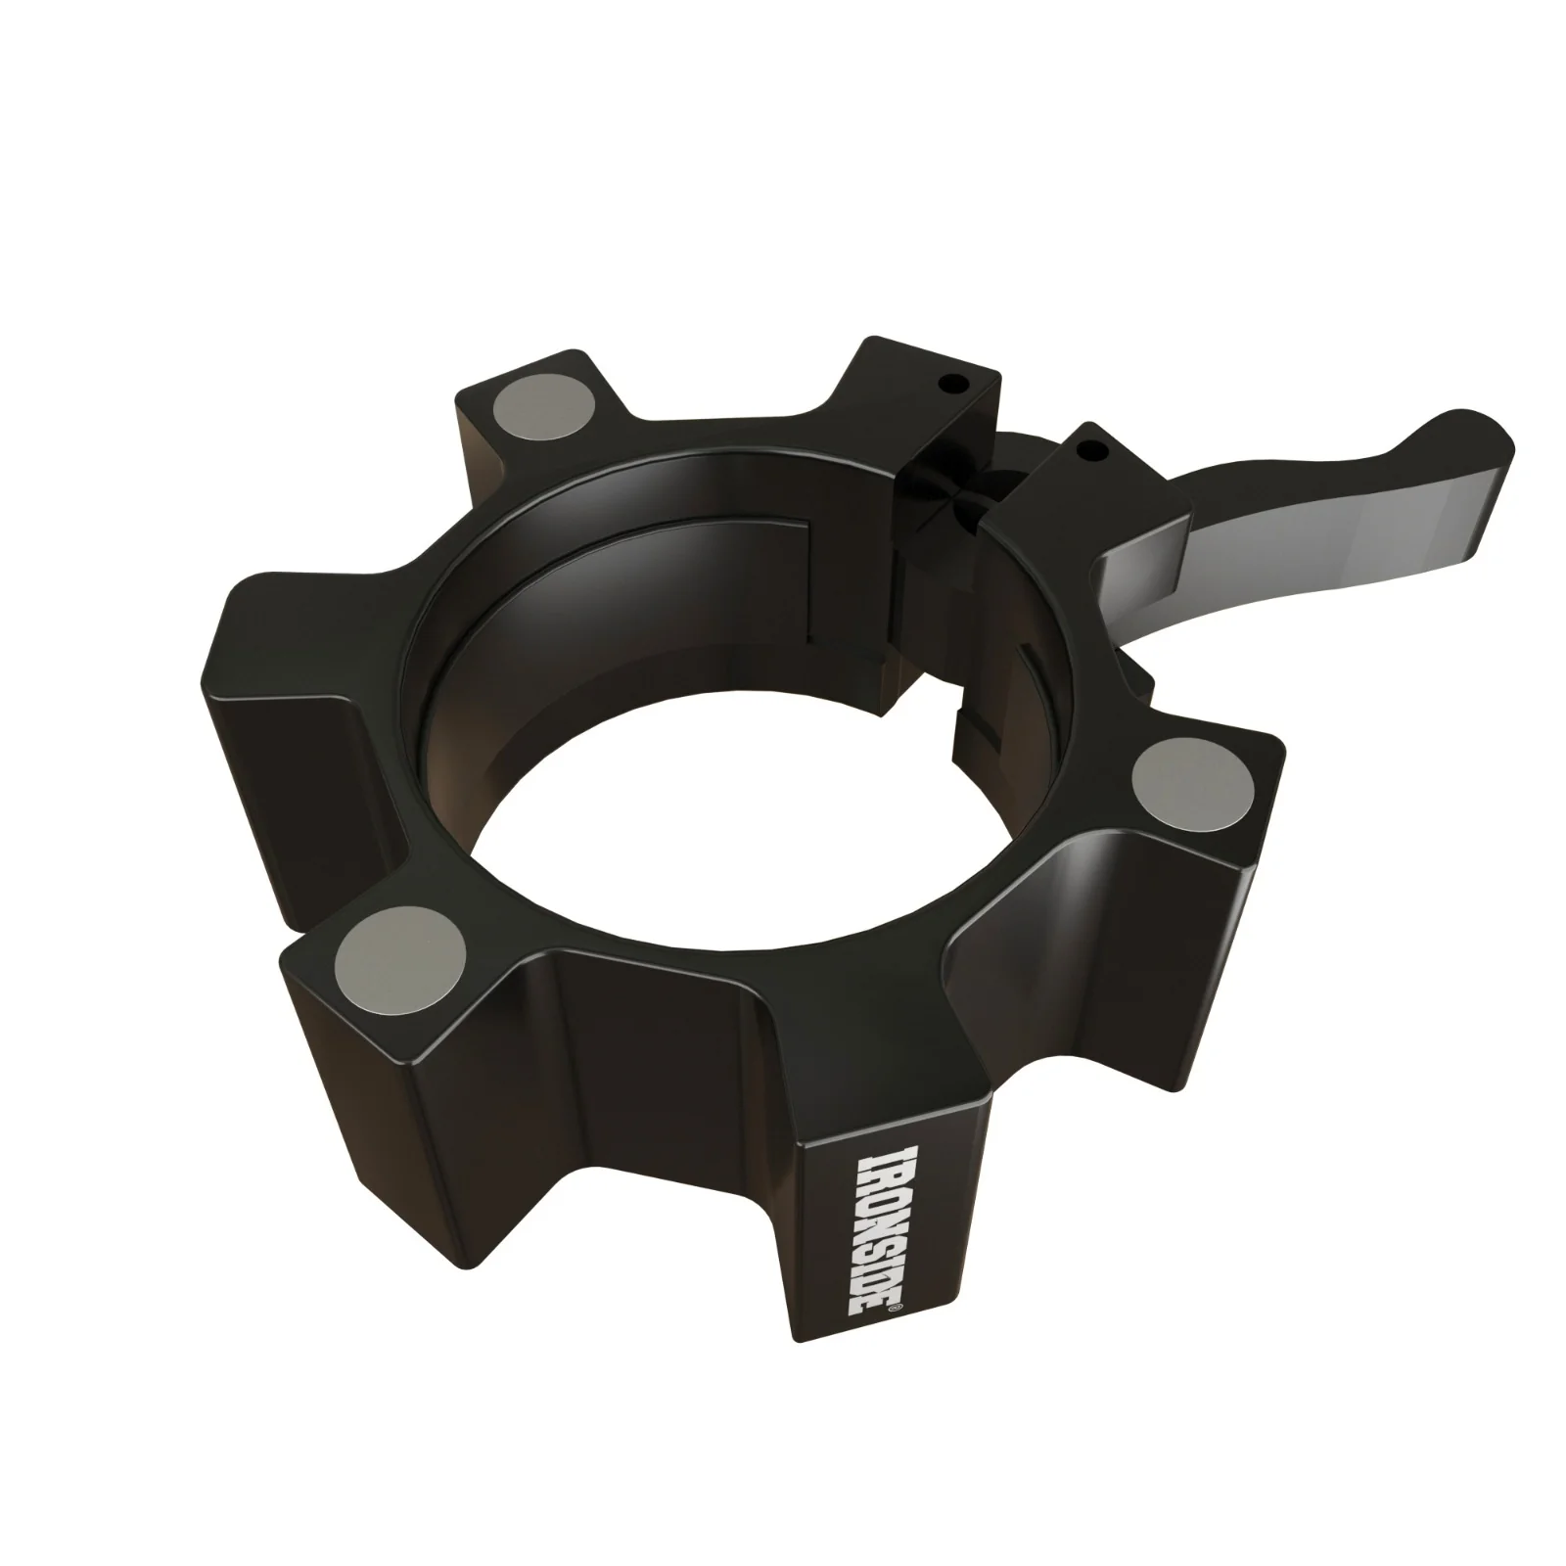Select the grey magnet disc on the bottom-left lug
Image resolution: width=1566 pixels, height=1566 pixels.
coord(399,951)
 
